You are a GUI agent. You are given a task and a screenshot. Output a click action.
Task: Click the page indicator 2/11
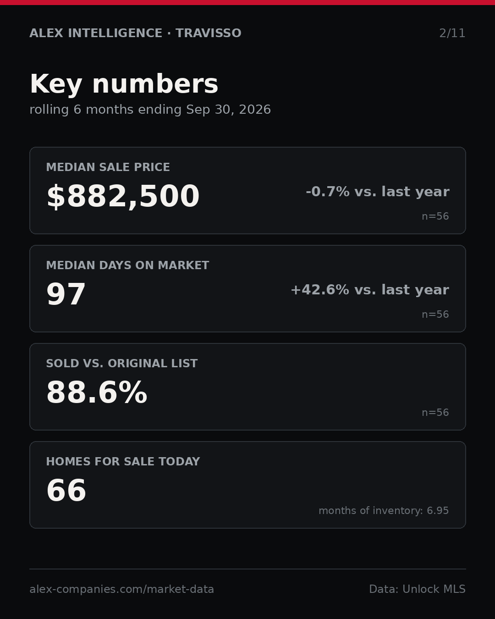pyautogui.click(x=452, y=33)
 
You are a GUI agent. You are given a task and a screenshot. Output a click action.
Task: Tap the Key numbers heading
pyautogui.click(x=124, y=84)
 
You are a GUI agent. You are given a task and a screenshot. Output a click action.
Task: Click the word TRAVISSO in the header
pyautogui.click(x=208, y=33)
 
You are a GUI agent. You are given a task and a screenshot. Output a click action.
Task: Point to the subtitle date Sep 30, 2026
pyautogui.click(x=228, y=110)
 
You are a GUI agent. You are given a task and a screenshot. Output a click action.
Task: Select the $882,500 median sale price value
pyautogui.click(x=123, y=196)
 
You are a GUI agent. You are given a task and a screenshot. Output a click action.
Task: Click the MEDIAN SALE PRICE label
pyautogui.click(x=108, y=167)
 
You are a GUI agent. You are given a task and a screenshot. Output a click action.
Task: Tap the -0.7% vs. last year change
pyautogui.click(x=377, y=192)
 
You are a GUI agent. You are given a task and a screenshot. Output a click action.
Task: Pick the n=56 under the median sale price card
pyautogui.click(x=435, y=216)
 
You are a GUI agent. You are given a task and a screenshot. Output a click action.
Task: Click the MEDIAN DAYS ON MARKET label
pyautogui.click(x=127, y=265)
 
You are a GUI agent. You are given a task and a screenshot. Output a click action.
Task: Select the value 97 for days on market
pyautogui.click(x=66, y=294)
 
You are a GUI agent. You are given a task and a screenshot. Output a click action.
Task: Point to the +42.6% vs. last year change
pyautogui.click(x=370, y=290)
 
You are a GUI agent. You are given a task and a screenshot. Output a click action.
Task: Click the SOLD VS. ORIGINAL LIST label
pyautogui.click(x=121, y=363)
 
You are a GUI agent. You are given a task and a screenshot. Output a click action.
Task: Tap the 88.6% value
pyautogui.click(x=97, y=392)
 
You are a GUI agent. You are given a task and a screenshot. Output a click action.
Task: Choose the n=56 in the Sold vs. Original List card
pyautogui.click(x=435, y=413)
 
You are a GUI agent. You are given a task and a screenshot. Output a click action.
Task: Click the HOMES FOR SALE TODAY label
pyautogui.click(x=123, y=461)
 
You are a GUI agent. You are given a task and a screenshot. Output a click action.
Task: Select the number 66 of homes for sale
pyautogui.click(x=66, y=491)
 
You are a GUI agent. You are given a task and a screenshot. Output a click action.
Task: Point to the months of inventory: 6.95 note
pyautogui.click(x=384, y=510)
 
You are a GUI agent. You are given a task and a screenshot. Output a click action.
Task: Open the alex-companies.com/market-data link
pyautogui.click(x=121, y=589)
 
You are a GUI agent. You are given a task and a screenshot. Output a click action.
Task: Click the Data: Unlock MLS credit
pyautogui.click(x=417, y=589)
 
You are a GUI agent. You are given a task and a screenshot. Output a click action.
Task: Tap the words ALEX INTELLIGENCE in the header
pyautogui.click(x=96, y=33)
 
